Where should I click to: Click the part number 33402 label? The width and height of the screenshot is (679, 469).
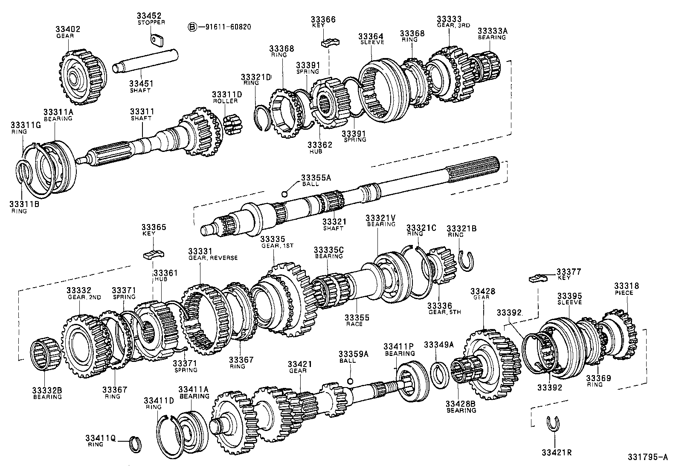click(x=67, y=29)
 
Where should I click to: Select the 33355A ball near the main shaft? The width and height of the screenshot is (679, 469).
click(x=284, y=194)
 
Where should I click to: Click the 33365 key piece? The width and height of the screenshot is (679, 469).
click(x=153, y=255)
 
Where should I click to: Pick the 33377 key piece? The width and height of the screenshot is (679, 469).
click(x=538, y=279)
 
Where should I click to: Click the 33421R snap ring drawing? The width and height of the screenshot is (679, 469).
click(x=553, y=423)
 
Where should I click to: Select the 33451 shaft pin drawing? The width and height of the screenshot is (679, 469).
click(x=145, y=63)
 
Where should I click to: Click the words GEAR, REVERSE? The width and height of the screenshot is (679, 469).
click(x=213, y=258)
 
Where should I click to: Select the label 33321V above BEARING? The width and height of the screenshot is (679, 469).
click(x=380, y=218)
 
